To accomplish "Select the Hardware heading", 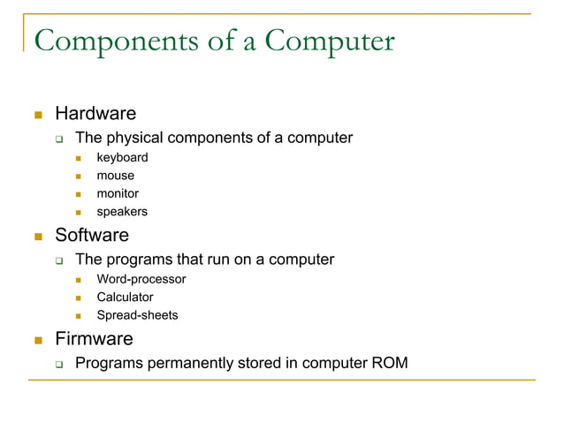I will click(x=95, y=114).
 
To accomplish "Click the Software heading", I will click(x=92, y=236).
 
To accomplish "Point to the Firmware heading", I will click(x=94, y=339).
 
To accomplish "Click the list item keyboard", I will click(x=122, y=158).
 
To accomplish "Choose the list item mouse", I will click(x=116, y=176).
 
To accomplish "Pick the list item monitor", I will click(x=118, y=193).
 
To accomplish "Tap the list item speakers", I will click(x=122, y=212).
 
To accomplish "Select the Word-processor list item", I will click(x=141, y=279).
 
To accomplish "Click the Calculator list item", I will click(x=125, y=298).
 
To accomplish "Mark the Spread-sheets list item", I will click(x=137, y=315).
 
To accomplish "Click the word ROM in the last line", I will click(x=390, y=361).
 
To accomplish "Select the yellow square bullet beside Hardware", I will click(x=38, y=115).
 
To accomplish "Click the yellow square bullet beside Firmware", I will click(x=38, y=340).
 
